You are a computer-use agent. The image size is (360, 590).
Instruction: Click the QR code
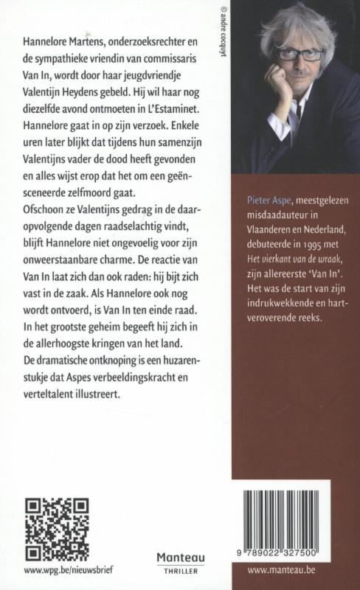tap(57, 529)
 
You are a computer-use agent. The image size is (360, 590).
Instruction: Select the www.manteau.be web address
tap(285, 570)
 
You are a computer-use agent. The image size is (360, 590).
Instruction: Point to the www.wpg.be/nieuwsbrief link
tap(62, 570)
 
